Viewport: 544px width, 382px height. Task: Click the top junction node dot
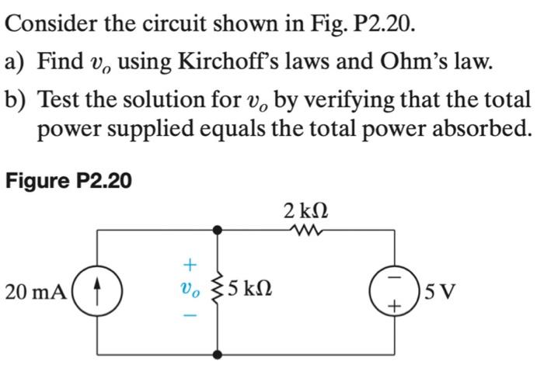click(x=218, y=230)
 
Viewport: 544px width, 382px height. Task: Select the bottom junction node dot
click(x=218, y=354)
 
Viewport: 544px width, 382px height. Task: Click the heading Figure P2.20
click(x=68, y=181)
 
